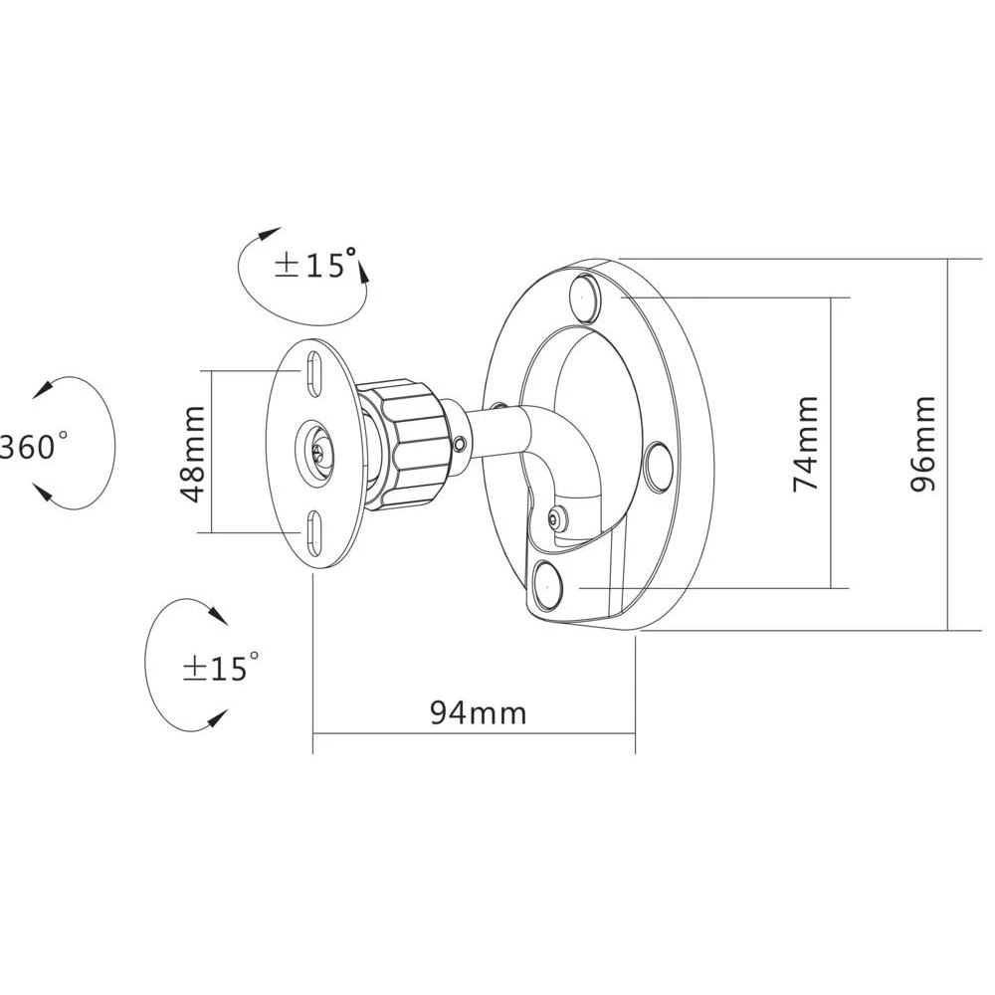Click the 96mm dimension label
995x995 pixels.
point(923,444)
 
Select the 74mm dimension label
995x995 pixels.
point(805,444)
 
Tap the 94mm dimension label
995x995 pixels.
point(478,712)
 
